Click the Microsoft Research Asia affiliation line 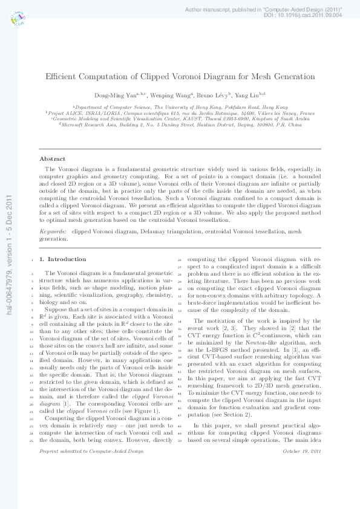tap(180, 125)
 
